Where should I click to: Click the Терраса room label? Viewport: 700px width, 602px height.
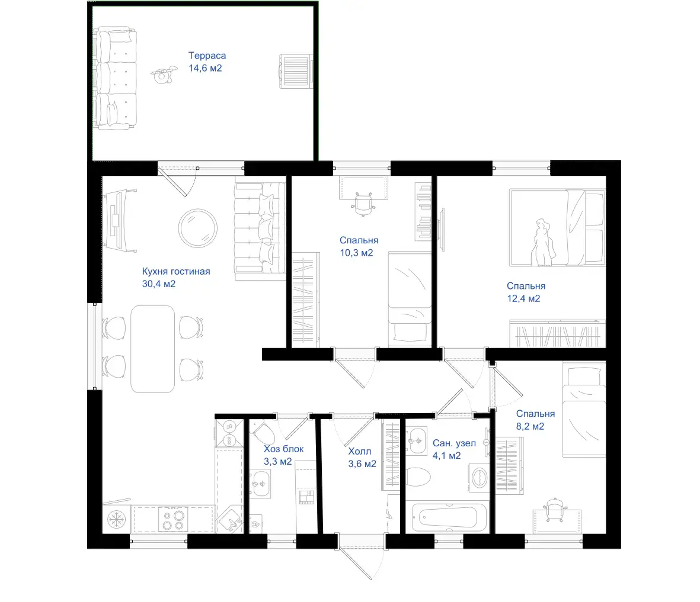pos(207,56)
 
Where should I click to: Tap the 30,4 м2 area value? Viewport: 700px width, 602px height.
pos(159,284)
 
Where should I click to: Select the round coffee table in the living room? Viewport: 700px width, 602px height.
pos(198,228)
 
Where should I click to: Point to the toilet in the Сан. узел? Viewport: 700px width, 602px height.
pos(417,477)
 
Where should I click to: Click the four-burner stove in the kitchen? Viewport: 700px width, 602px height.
pos(173,520)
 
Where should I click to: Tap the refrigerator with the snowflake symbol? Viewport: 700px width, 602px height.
pos(117,519)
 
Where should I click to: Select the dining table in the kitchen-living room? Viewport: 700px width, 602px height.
pos(153,349)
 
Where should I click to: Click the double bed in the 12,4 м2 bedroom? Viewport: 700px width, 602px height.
pos(557,227)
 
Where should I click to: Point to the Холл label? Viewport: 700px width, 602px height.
pos(360,451)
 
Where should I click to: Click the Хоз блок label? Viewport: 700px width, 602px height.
pos(283,449)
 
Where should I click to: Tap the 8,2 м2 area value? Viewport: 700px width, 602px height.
pos(530,426)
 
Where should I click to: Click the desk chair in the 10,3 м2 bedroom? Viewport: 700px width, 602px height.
pos(363,204)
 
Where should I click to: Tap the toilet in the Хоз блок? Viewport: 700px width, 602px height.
pos(263,433)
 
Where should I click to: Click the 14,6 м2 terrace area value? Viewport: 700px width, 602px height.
pos(205,68)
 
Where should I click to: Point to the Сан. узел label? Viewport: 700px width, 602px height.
pos(454,443)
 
